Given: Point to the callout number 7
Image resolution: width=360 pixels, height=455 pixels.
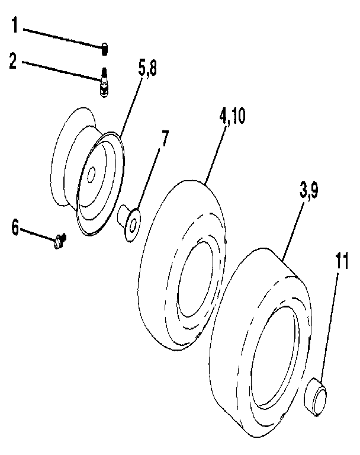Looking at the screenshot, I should pyautogui.click(x=164, y=140).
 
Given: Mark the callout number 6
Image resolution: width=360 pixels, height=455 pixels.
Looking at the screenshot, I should pyautogui.click(x=15, y=226).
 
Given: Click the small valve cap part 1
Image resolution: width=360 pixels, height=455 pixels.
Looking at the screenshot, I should pyautogui.click(x=104, y=49).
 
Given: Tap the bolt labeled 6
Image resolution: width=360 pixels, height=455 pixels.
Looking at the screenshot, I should pyautogui.click(x=59, y=241).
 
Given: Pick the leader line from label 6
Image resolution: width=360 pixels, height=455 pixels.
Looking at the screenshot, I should pyautogui.click(x=37, y=232).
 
